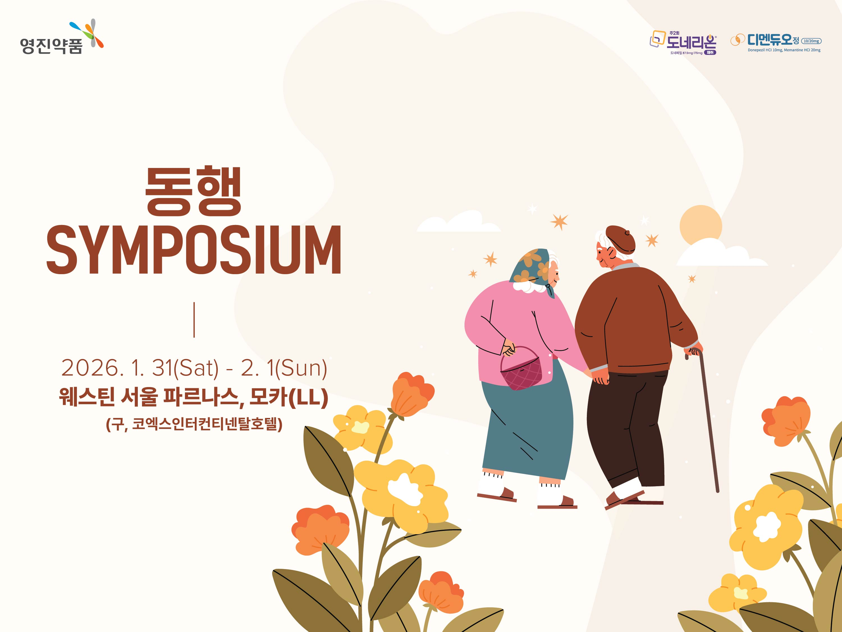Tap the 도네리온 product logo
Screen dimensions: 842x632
tap(683, 43)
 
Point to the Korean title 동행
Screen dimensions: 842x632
tap(193, 191)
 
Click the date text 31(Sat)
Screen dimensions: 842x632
tap(185, 368)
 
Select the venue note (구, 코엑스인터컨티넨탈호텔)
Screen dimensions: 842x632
tap(194, 424)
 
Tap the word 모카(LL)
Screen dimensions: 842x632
tap(289, 397)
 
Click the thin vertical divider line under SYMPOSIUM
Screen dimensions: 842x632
tap(194, 320)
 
